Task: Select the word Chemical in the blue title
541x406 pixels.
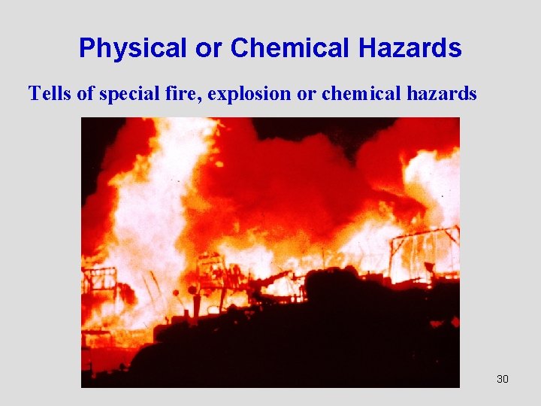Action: (x=290, y=49)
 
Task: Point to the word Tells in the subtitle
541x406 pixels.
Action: (x=46, y=93)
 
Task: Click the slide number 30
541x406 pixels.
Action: (x=503, y=379)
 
